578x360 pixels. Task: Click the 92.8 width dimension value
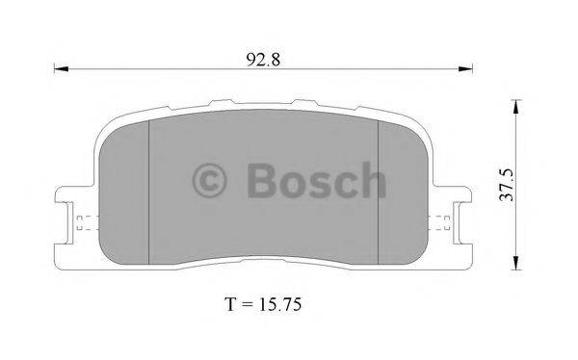(x=263, y=60)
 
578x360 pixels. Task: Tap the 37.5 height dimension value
(x=506, y=185)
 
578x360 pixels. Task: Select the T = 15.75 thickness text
(x=263, y=304)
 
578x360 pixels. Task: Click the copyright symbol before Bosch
(x=209, y=181)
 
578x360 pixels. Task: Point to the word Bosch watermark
(x=317, y=180)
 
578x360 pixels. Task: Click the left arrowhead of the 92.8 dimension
(x=62, y=68)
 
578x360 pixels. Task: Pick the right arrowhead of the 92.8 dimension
(x=465, y=68)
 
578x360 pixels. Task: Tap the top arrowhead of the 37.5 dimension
(x=517, y=107)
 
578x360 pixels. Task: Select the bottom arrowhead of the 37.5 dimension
(x=517, y=263)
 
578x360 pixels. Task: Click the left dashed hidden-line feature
(x=88, y=223)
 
